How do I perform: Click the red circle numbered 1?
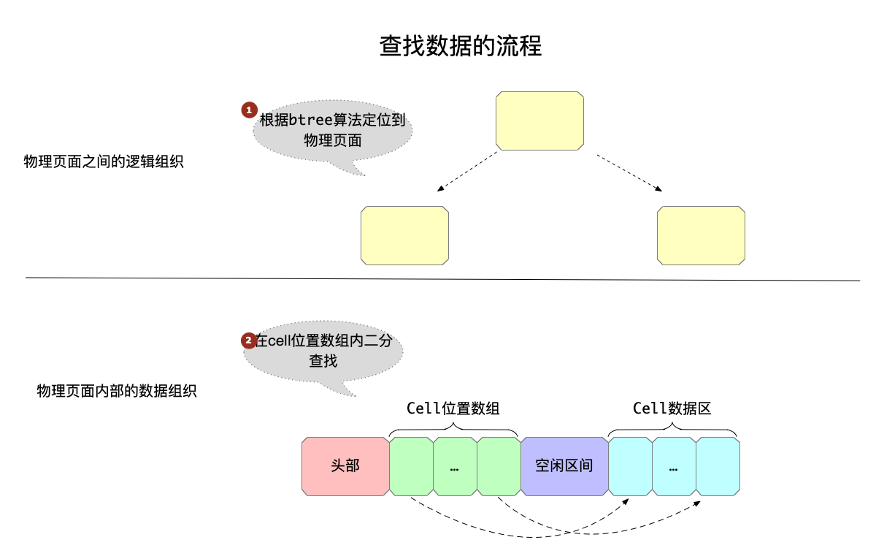[249, 110]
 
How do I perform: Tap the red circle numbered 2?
[248, 340]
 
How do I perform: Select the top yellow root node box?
[539, 121]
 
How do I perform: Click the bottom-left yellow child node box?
[404, 235]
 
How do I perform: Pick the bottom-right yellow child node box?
[702, 235]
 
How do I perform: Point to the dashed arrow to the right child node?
[629, 172]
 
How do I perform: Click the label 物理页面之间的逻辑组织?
[104, 161]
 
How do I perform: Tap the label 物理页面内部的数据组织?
[117, 391]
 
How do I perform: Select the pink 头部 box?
[345, 465]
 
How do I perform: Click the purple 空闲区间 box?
[564, 465]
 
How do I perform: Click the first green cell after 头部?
[411, 465]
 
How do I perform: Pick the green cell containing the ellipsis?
[455, 465]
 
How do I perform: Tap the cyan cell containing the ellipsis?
[673, 465]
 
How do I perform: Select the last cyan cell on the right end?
[718, 465]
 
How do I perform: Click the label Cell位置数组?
[453, 408]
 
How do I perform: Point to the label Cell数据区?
[672, 408]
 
